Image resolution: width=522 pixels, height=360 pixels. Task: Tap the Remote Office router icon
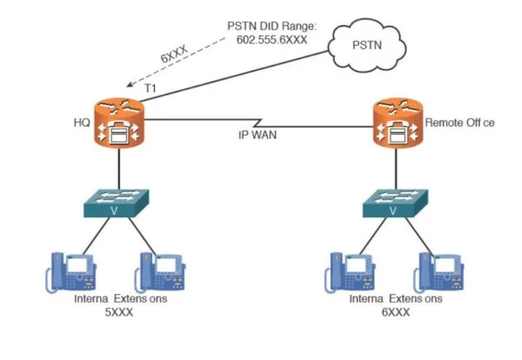pyautogui.click(x=395, y=123)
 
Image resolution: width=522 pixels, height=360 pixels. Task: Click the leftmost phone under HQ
pyautogui.click(x=70, y=273)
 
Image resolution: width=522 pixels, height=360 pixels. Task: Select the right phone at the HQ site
pyautogui.click(x=160, y=273)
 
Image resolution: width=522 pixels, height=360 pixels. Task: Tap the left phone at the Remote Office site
pyautogui.click(x=348, y=273)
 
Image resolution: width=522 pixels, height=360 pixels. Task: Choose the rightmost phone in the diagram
pyautogui.click(x=437, y=273)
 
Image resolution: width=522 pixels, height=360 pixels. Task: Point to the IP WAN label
pyautogui.click(x=259, y=135)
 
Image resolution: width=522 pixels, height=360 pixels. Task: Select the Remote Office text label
pyautogui.click(x=459, y=123)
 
